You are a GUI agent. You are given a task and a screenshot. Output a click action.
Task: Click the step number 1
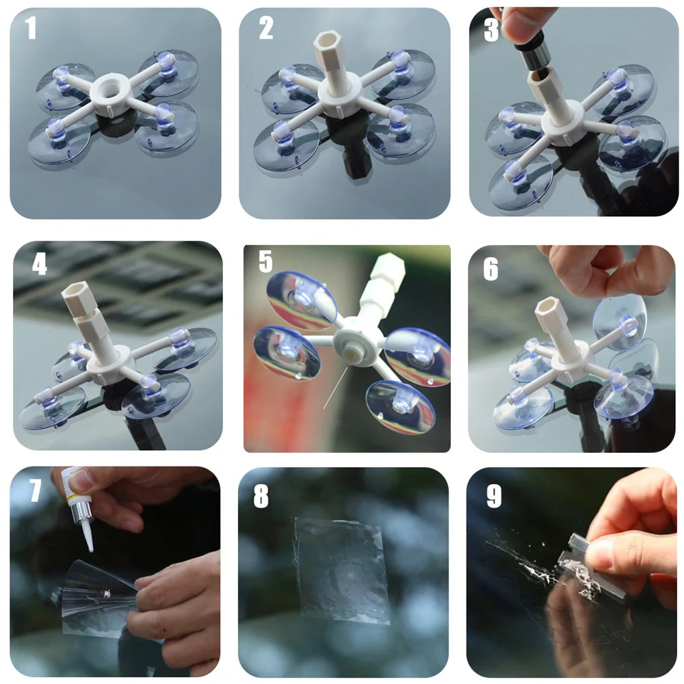(30, 28)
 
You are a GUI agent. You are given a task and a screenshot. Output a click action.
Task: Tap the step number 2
(265, 28)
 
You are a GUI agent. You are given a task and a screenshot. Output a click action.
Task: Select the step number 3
(491, 31)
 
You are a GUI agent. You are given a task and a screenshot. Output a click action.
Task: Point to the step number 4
(39, 264)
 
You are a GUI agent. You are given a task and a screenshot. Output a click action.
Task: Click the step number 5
(265, 261)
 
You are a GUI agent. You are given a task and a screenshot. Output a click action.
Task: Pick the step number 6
(490, 269)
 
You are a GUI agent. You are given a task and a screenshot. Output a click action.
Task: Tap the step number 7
(36, 490)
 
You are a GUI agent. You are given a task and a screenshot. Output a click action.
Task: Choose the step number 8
(261, 497)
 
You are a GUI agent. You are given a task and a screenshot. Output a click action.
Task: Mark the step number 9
(494, 497)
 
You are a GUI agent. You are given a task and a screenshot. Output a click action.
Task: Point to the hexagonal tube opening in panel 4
(72, 289)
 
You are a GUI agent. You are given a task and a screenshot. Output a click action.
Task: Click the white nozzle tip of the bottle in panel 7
(88, 536)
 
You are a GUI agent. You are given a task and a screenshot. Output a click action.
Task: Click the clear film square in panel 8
(341, 570)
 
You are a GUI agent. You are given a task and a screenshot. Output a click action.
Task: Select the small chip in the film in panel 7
(105, 592)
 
